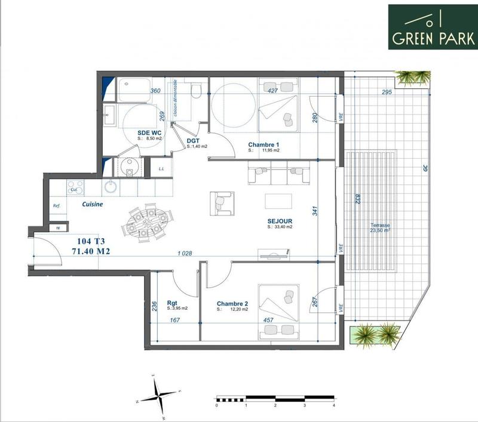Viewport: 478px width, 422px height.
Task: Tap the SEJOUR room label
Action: point(279,220)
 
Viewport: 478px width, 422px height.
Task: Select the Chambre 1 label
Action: point(263,145)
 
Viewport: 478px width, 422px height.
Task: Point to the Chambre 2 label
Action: point(233,303)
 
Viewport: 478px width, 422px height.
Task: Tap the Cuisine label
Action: point(93,204)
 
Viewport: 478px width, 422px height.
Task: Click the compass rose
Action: point(158,395)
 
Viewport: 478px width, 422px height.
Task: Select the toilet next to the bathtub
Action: point(195,90)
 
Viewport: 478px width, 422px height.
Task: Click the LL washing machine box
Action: point(161,169)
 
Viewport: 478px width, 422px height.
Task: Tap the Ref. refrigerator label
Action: point(57,207)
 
